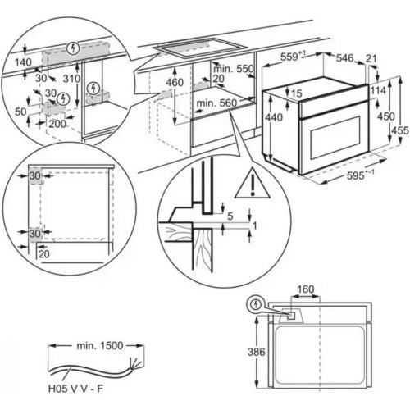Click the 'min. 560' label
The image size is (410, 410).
click(217, 104)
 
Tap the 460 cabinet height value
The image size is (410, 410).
click(174, 83)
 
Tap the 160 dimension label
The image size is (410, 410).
click(306, 289)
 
